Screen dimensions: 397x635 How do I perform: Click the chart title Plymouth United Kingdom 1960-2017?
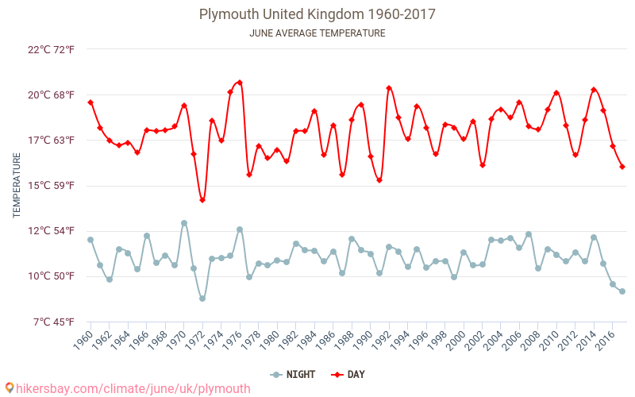[x=317, y=14]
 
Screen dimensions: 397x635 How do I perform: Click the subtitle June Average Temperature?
[x=317, y=33]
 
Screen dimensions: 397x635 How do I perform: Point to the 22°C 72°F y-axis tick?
[x=52, y=49]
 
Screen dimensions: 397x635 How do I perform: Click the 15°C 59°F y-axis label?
[x=52, y=186]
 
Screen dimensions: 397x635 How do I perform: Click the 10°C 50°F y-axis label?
[x=52, y=276]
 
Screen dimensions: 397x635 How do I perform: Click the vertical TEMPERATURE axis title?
[x=17, y=186]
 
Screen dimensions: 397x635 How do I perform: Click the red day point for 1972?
[x=202, y=200]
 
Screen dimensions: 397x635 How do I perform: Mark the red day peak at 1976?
[x=240, y=82]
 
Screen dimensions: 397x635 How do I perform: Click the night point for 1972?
[x=202, y=299]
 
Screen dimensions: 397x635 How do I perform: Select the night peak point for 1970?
[x=184, y=223]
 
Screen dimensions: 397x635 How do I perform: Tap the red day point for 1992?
[x=389, y=88]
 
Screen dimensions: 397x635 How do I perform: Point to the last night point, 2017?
[x=622, y=291]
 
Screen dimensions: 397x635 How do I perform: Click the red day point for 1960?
[x=90, y=102]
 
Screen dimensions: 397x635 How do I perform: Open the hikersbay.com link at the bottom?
[x=127, y=388]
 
